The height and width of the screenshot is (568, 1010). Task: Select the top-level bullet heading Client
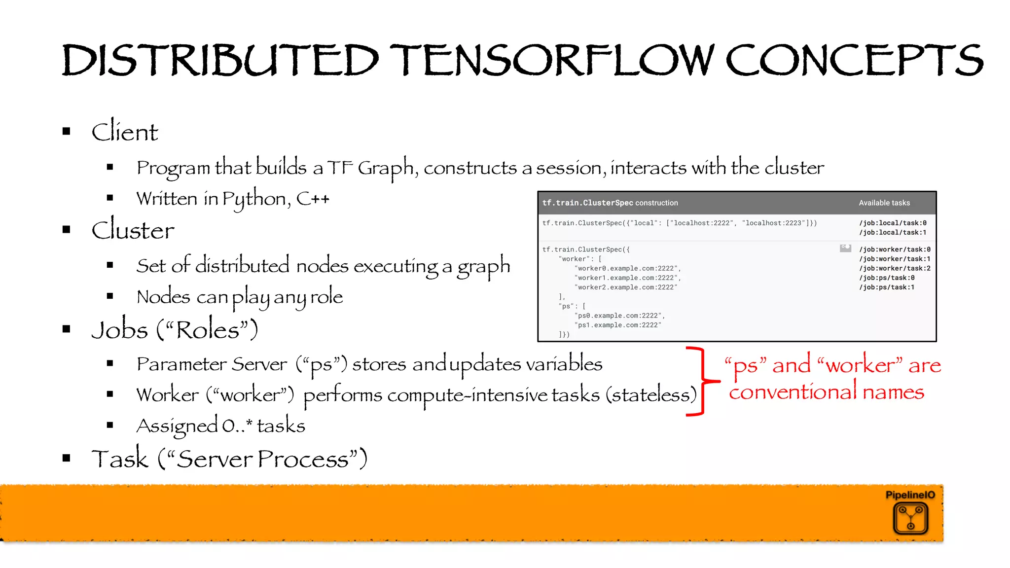[x=125, y=132]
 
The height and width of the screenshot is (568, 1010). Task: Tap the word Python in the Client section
[x=254, y=199]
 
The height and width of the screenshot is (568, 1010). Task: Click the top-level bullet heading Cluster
[x=133, y=230]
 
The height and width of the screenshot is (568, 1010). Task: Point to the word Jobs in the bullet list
[x=120, y=329]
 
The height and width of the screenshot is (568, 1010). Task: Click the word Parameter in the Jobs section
[x=180, y=364]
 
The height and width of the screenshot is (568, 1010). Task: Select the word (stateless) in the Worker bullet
[x=651, y=395]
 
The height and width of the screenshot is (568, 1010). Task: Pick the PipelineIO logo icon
[x=910, y=518]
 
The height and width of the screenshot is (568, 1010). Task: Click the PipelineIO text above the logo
[x=910, y=495]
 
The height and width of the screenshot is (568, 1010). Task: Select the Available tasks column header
[x=884, y=203]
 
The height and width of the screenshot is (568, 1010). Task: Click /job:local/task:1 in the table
[x=893, y=233]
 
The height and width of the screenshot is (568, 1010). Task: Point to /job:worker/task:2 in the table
[x=895, y=268]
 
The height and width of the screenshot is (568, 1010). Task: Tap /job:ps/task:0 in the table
[x=887, y=278]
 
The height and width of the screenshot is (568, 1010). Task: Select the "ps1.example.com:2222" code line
[x=618, y=325]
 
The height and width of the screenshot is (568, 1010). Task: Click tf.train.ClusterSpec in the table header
[x=587, y=203]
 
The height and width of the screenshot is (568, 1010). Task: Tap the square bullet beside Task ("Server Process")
[x=67, y=458]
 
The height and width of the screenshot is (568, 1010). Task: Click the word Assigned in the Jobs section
[x=177, y=426]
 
